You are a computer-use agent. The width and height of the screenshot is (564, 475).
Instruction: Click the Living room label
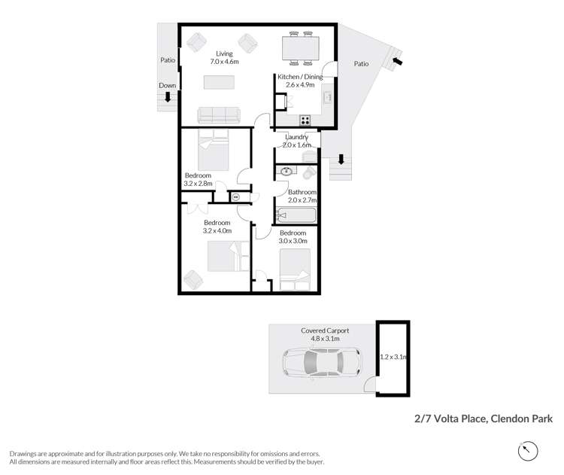tap(224, 54)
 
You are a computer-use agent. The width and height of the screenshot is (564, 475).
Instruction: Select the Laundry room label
tap(296, 137)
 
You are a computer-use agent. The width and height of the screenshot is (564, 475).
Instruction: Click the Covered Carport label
tap(325, 330)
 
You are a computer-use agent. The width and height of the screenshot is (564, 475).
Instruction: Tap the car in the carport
tap(321, 365)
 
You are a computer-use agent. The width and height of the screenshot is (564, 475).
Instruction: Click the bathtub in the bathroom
tap(297, 217)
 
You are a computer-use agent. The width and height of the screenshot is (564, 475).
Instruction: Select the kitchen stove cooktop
tap(305, 120)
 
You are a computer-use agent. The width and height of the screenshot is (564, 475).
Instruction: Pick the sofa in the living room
tap(218, 114)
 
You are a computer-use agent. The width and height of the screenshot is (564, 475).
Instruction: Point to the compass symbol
tap(529, 451)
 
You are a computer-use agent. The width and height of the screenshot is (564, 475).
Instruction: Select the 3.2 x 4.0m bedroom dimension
tap(217, 232)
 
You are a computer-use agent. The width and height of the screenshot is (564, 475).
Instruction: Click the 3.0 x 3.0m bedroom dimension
tap(293, 242)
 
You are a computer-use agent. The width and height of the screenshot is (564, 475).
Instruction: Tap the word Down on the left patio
tap(167, 86)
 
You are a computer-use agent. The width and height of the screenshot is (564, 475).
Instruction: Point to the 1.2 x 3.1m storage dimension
tap(393, 357)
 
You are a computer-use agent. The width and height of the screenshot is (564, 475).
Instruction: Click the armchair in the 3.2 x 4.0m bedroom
tap(193, 279)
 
